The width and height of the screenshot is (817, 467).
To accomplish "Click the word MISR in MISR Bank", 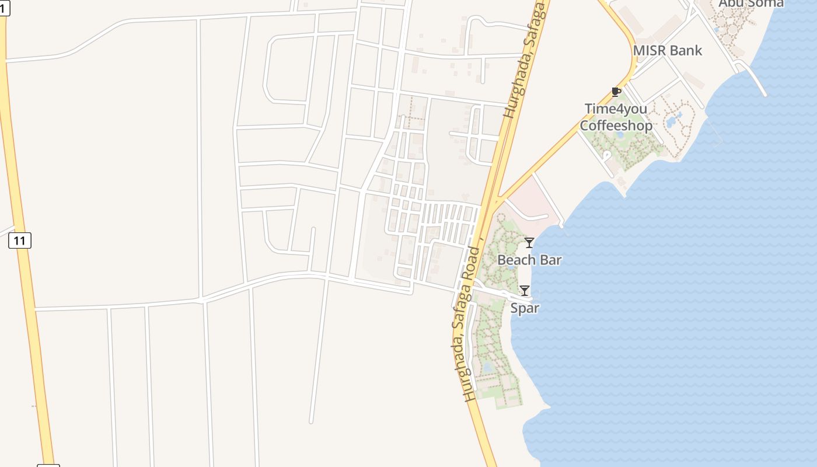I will point(650,51).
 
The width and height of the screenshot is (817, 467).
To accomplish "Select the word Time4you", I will point(616,109).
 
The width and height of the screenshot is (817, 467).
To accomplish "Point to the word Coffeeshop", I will point(616,126).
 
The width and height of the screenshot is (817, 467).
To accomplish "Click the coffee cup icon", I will point(615,92).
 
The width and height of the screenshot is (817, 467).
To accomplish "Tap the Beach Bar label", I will point(529,260).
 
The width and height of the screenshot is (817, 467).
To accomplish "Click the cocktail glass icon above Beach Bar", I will point(529,243).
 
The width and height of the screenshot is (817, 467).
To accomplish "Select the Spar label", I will point(524,308).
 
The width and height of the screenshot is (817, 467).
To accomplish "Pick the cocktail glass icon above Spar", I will point(524,290).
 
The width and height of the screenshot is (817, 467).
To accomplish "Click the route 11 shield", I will point(20,240).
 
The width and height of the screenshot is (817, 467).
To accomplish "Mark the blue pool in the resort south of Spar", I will point(488,367).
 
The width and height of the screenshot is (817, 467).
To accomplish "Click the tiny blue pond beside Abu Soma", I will point(717,30).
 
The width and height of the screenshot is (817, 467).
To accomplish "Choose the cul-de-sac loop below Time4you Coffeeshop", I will point(607,155).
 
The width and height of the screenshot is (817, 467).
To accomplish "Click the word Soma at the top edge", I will point(764,4).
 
